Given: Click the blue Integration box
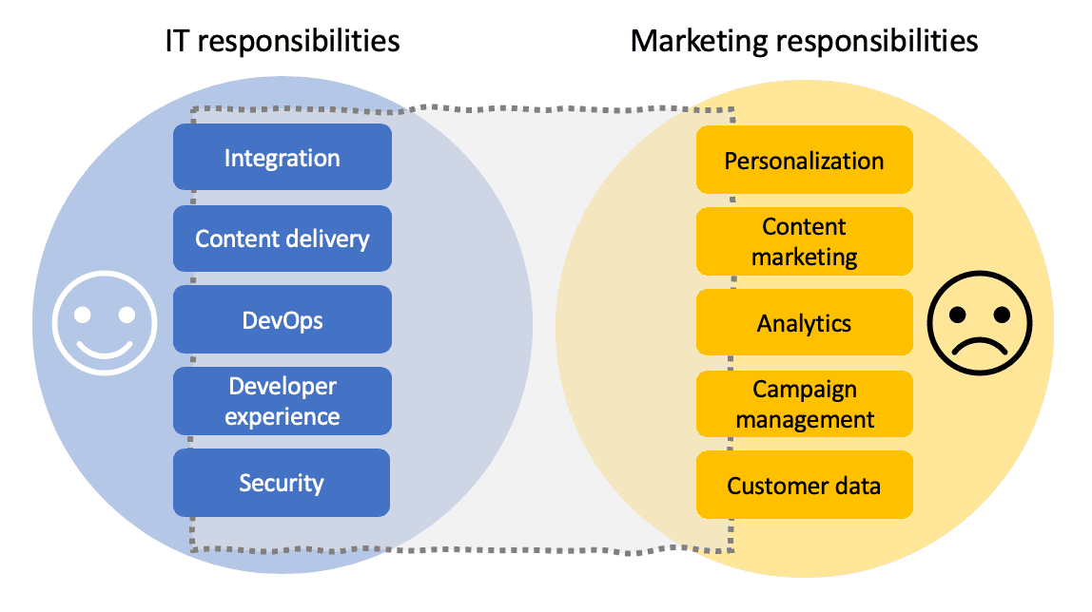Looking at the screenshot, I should [x=282, y=157].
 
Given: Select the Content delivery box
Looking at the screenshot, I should [x=282, y=239].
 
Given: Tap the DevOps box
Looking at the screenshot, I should [x=282, y=319].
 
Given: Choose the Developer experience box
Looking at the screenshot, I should [x=282, y=401].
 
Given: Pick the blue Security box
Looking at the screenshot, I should [x=282, y=483].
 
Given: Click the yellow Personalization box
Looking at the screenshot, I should [x=804, y=161].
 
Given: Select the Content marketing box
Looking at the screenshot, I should [x=804, y=241].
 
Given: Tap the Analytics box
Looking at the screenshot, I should [x=804, y=323].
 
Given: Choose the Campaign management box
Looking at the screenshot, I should [x=804, y=404].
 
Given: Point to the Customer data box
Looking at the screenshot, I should [x=804, y=486].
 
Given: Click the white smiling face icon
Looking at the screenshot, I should [x=104, y=321].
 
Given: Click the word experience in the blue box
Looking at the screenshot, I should [x=282, y=416].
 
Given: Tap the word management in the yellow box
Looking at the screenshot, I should [x=804, y=419].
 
